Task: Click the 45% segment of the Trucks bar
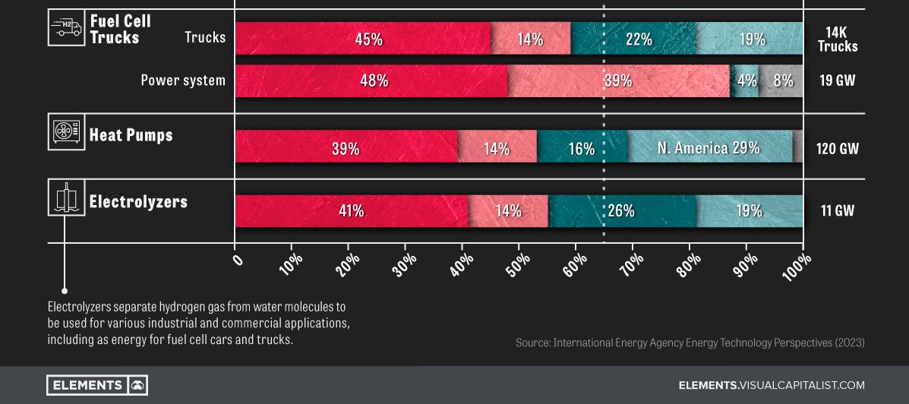[363, 39]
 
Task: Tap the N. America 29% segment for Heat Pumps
[709, 147]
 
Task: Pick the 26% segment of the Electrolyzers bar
[621, 211]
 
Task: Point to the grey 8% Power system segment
[781, 80]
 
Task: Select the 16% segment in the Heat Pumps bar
[582, 147]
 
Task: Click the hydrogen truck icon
[65, 28]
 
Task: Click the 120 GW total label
[837, 148]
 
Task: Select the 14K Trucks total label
[838, 39]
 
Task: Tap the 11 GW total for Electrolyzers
[837, 211]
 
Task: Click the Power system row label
[183, 80]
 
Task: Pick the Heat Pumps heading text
[131, 135]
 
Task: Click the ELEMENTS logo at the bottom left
[96, 385]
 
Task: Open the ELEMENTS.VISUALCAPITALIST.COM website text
[772, 385]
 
